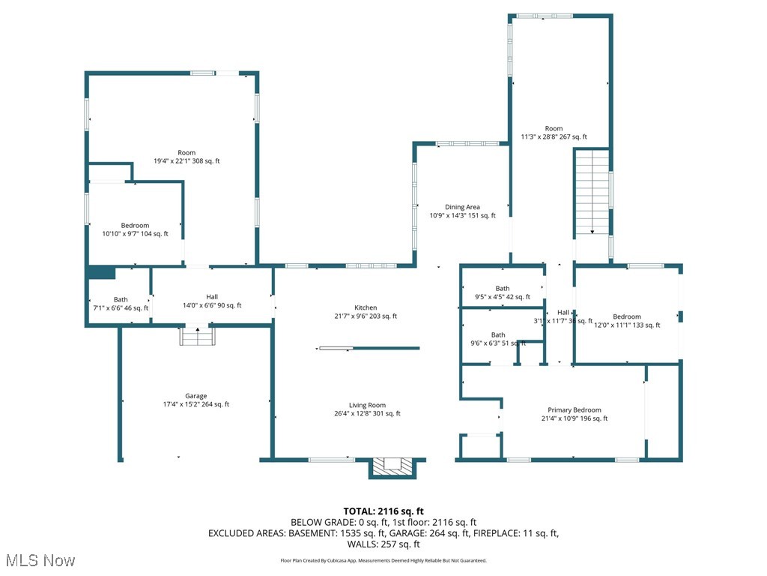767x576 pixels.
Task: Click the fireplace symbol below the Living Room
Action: [x=392, y=467]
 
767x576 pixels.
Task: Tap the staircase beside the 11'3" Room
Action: [x=592, y=192]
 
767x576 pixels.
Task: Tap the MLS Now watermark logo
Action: [x=40, y=560]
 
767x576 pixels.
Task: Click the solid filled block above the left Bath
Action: [x=101, y=272]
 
